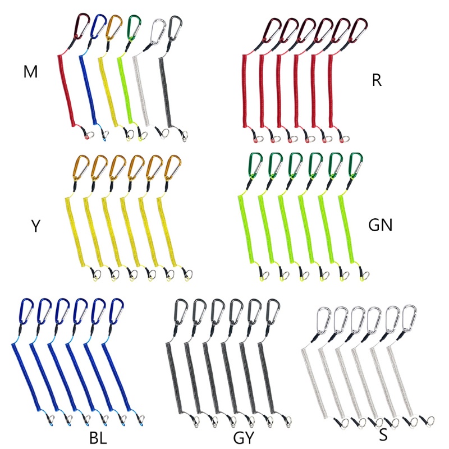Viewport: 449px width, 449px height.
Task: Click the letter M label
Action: [30, 72]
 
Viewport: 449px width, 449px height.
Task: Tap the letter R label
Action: [377, 80]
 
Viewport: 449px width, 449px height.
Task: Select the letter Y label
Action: [35, 226]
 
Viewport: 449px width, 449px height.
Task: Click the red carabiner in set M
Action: [83, 25]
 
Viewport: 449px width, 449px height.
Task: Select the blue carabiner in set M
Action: [99, 25]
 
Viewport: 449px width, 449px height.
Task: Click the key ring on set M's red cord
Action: [86, 135]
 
